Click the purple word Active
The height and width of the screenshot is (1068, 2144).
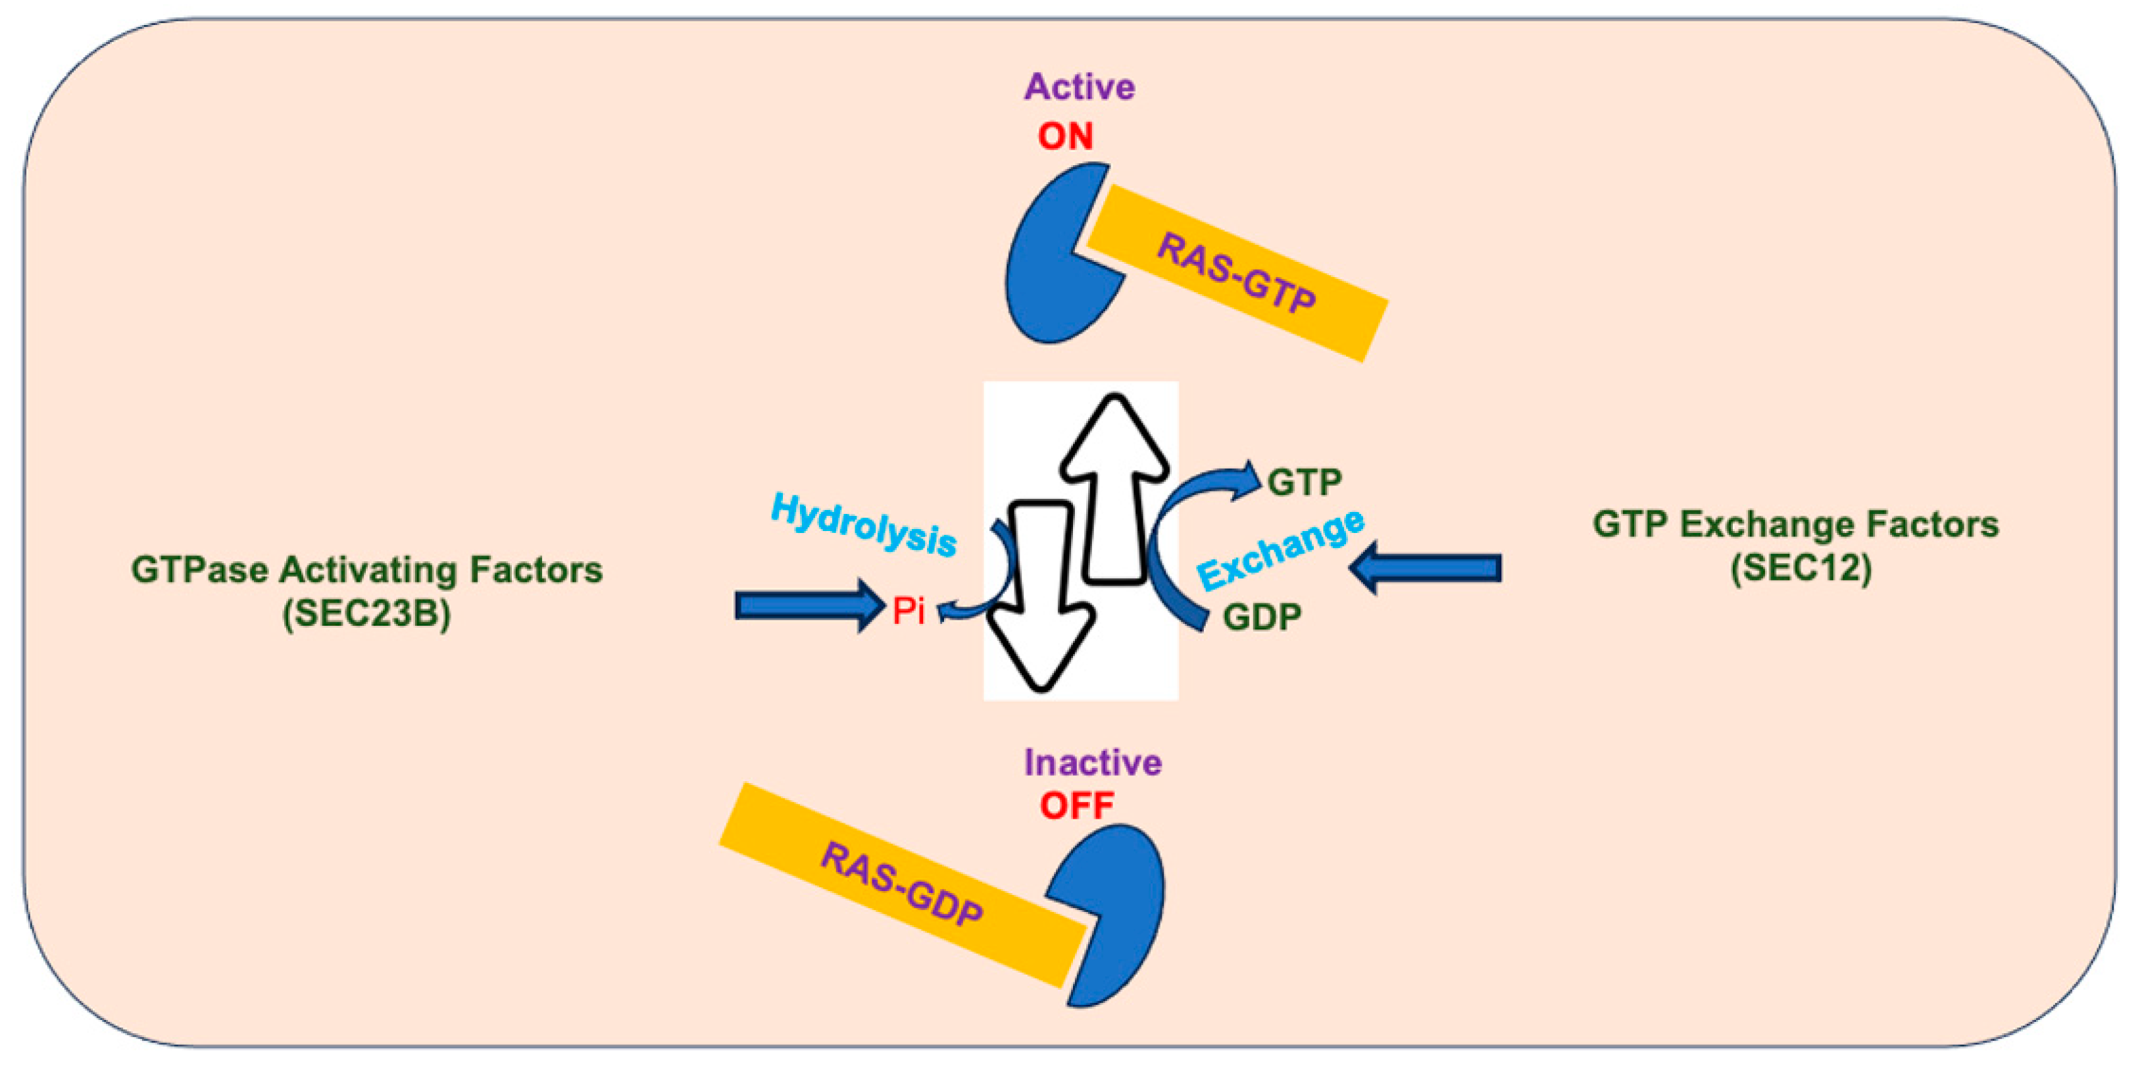pyautogui.click(x=1079, y=87)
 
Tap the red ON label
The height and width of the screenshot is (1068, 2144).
pyautogui.click(x=1064, y=136)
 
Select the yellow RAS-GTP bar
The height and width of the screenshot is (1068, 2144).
pyautogui.click(x=1237, y=272)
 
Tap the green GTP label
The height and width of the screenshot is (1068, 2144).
pyautogui.click(x=1304, y=482)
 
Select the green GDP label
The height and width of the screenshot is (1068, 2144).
pyautogui.click(x=1262, y=617)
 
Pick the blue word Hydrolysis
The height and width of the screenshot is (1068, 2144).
pyautogui.click(x=864, y=524)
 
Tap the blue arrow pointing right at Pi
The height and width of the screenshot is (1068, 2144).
pyautogui.click(x=807, y=605)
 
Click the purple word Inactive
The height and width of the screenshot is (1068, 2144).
pyautogui.click(x=1092, y=763)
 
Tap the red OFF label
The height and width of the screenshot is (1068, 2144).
pyautogui.click(x=1076, y=806)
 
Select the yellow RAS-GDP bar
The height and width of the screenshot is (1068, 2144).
pyautogui.click(x=902, y=884)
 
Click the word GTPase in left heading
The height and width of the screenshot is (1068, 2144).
pyautogui.click(x=200, y=571)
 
